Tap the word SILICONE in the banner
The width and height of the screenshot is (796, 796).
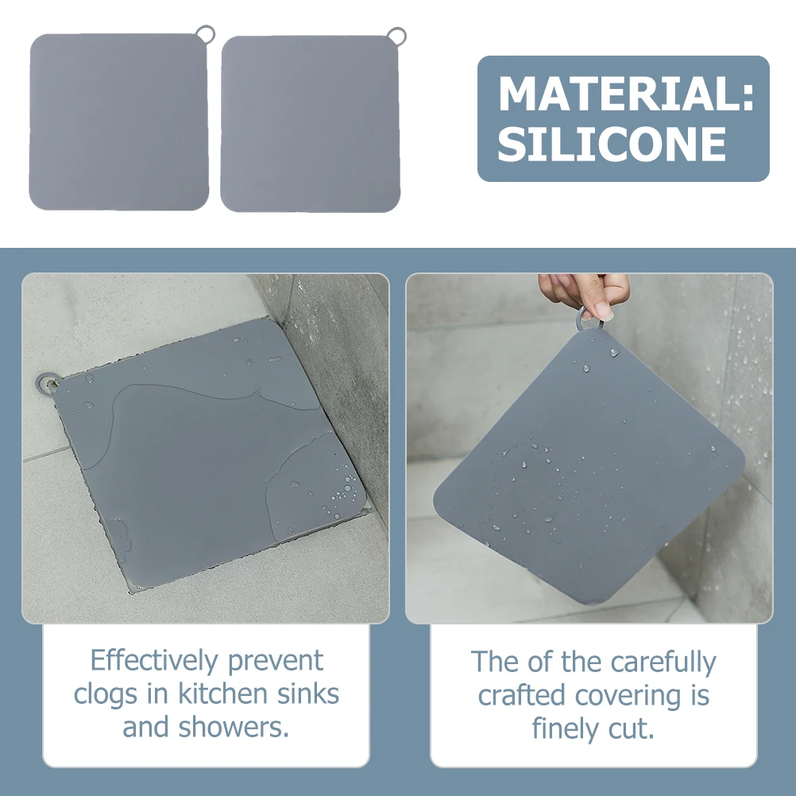point(612,145)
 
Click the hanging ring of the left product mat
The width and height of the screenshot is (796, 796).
point(206,33)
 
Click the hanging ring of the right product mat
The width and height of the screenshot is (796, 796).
point(396,35)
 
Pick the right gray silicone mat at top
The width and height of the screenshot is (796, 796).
point(310,123)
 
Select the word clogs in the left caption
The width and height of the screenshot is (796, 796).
point(106,694)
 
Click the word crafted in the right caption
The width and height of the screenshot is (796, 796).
point(521,696)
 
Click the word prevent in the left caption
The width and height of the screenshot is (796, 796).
point(276,661)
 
